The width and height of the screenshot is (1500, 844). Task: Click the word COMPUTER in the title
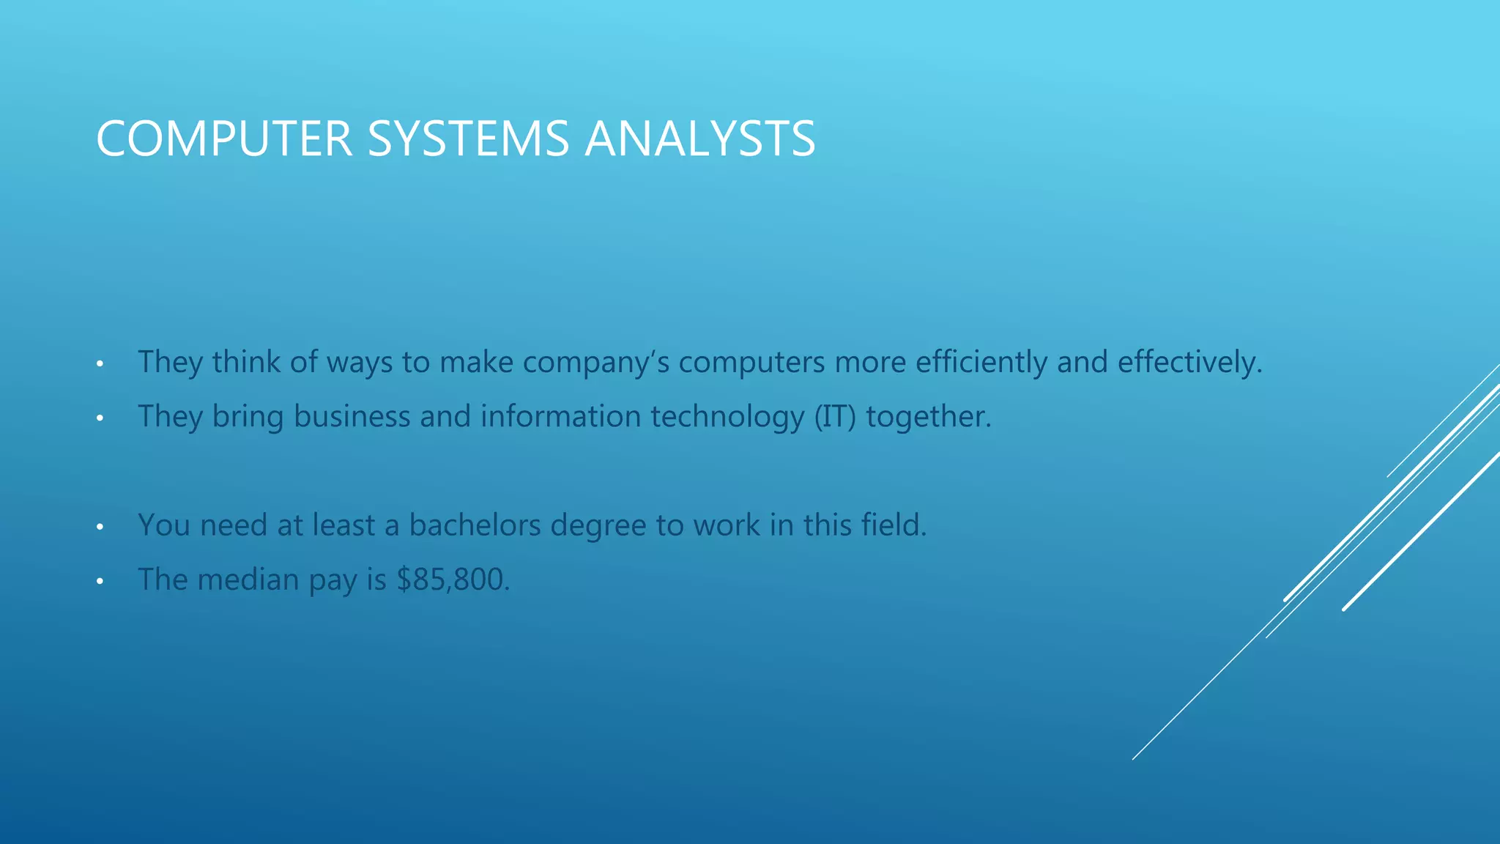(224, 138)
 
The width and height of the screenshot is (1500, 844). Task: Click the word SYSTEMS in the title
(468, 138)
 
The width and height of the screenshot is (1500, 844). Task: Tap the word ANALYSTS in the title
(699, 138)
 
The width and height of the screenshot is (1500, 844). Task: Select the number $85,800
(453, 580)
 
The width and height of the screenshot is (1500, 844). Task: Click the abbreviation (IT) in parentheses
(835, 417)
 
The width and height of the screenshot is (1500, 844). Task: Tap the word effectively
(1189, 363)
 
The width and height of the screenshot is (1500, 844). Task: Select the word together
(928, 417)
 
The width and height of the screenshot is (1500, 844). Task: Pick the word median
(248, 580)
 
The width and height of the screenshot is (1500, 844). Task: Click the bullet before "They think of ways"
(100, 364)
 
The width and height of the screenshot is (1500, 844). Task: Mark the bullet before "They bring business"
(100, 418)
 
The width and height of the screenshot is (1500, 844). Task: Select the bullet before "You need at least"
(100, 527)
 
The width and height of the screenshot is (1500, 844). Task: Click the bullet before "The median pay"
(100, 582)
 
